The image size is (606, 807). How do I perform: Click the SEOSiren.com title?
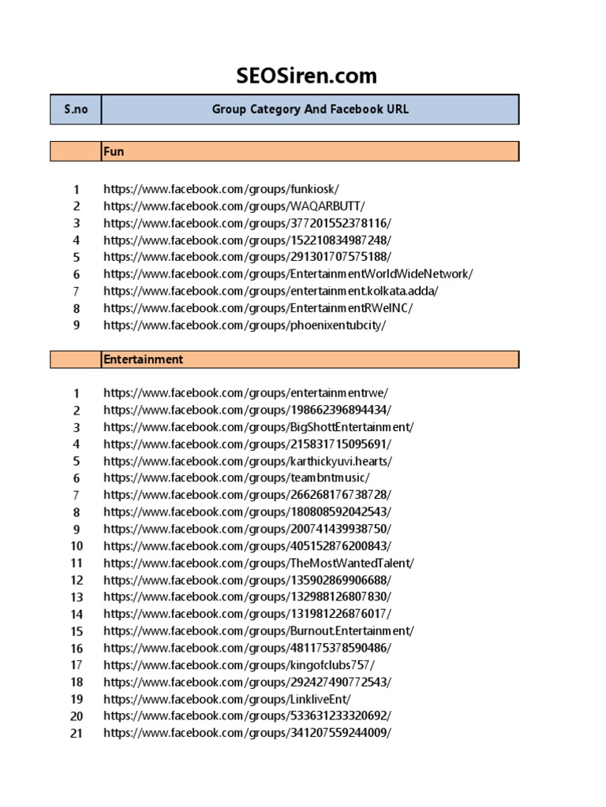(306, 76)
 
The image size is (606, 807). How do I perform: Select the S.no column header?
(76, 110)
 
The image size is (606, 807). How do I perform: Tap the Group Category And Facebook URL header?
(310, 110)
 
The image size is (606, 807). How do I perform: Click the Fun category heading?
(114, 151)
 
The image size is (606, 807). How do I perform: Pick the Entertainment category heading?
(143, 359)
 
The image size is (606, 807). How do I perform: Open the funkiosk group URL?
(221, 189)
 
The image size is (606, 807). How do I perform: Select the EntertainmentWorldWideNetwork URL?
(288, 274)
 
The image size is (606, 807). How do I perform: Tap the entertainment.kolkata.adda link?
(271, 292)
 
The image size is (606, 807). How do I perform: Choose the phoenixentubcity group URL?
(245, 325)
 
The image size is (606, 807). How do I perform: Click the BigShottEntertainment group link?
(258, 427)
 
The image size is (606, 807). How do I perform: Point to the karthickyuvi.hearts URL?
(247, 461)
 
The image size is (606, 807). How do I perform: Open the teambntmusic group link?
(236, 478)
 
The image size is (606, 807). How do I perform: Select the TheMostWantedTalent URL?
(258, 563)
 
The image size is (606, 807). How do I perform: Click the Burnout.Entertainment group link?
(258, 630)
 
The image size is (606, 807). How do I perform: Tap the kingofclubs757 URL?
(239, 665)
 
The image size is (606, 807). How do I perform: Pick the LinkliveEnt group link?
(227, 699)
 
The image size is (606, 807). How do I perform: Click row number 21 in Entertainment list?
(77, 733)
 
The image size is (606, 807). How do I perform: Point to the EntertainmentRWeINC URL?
(257, 308)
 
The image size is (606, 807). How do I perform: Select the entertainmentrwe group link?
(245, 393)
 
